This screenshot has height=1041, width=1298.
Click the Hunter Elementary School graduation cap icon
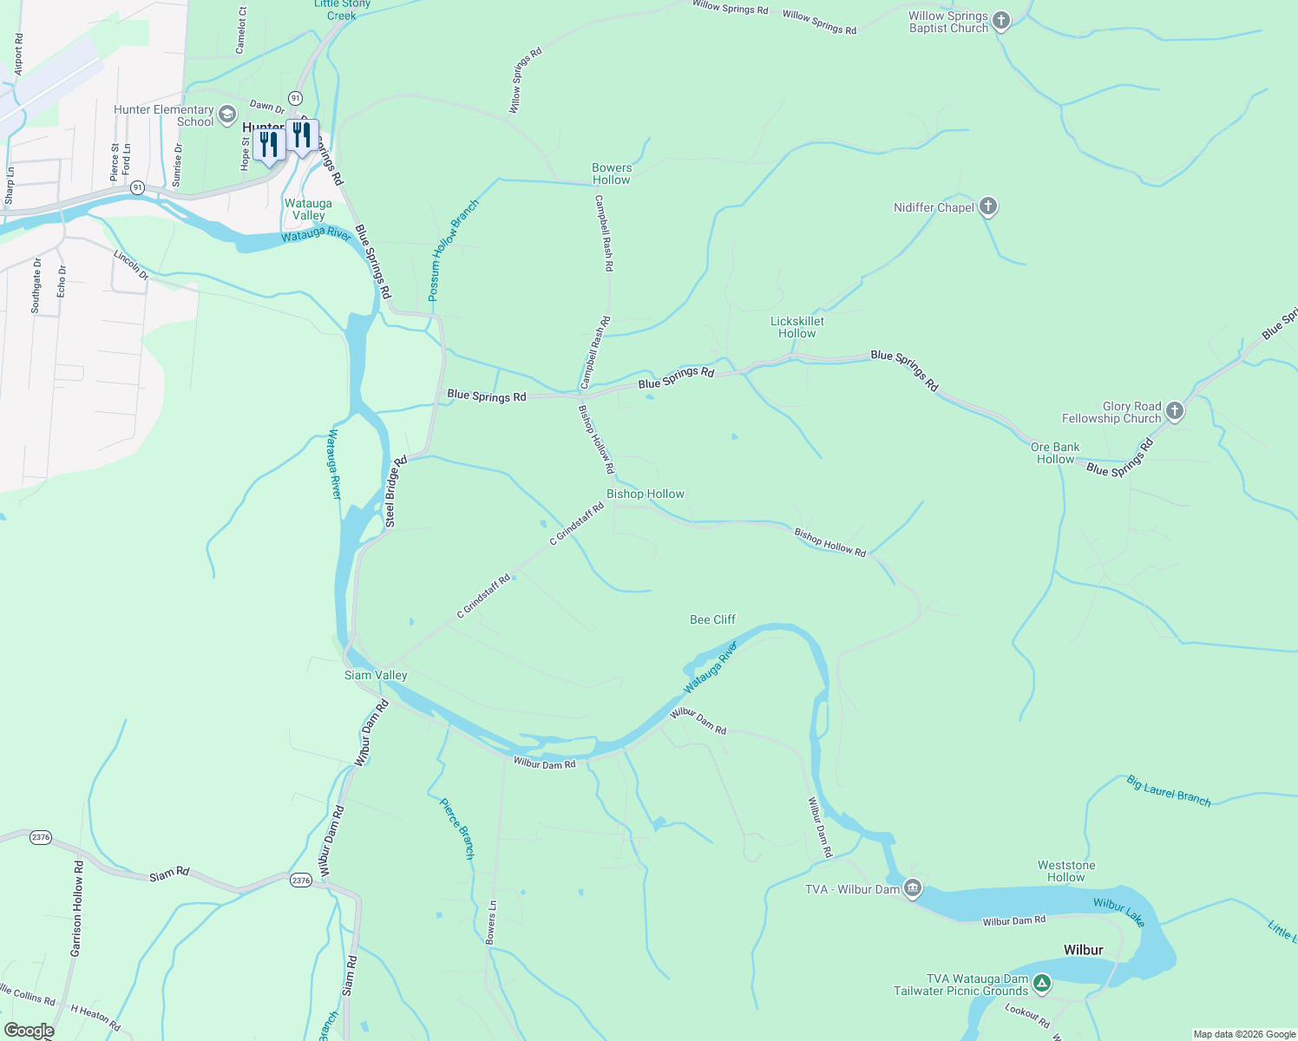tap(227, 115)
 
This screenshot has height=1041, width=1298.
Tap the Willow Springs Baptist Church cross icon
tap(1001, 22)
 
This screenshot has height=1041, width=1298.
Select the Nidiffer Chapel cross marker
tap(987, 207)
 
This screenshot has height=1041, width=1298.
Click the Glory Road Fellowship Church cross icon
tap(1175, 411)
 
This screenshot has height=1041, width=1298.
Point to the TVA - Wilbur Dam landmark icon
tap(912, 888)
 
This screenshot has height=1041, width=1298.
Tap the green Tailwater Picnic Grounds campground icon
tap(1042, 984)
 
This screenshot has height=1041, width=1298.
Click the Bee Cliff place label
tap(712, 619)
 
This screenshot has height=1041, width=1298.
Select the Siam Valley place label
tap(376, 675)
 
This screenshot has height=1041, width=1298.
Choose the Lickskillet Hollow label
tap(797, 327)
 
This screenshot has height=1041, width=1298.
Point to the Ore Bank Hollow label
tap(1055, 453)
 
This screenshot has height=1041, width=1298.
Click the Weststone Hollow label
tap(1066, 871)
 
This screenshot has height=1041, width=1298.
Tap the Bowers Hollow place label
tap(612, 173)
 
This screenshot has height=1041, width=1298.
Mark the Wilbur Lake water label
tap(1119, 912)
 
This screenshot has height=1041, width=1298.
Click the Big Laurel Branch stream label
tap(1169, 791)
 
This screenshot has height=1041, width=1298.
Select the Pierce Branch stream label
tap(457, 828)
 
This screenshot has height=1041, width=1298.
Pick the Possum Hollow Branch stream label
tap(454, 251)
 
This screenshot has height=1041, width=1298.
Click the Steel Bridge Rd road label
tap(396, 492)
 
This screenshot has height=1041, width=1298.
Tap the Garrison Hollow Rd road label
tap(77, 908)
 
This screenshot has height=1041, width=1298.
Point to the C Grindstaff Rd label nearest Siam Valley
tap(483, 597)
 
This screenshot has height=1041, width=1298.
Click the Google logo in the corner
tap(29, 1031)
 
